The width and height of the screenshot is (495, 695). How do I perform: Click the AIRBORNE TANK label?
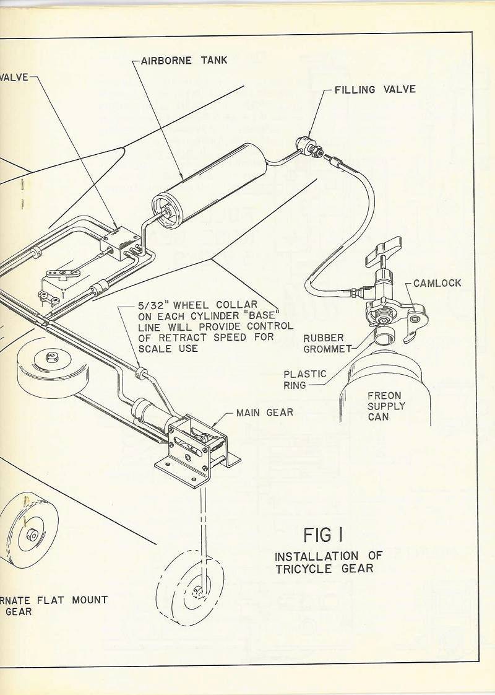(184, 61)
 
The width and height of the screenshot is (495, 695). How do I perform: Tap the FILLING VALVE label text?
(375, 90)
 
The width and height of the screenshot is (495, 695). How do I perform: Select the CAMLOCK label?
(437, 283)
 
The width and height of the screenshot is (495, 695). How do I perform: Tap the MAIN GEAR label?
(265, 412)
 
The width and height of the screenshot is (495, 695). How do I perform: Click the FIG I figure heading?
(324, 534)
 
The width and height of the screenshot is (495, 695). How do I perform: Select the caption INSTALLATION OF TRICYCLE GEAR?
(328, 561)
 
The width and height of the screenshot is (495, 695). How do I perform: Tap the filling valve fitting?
(306, 147)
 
